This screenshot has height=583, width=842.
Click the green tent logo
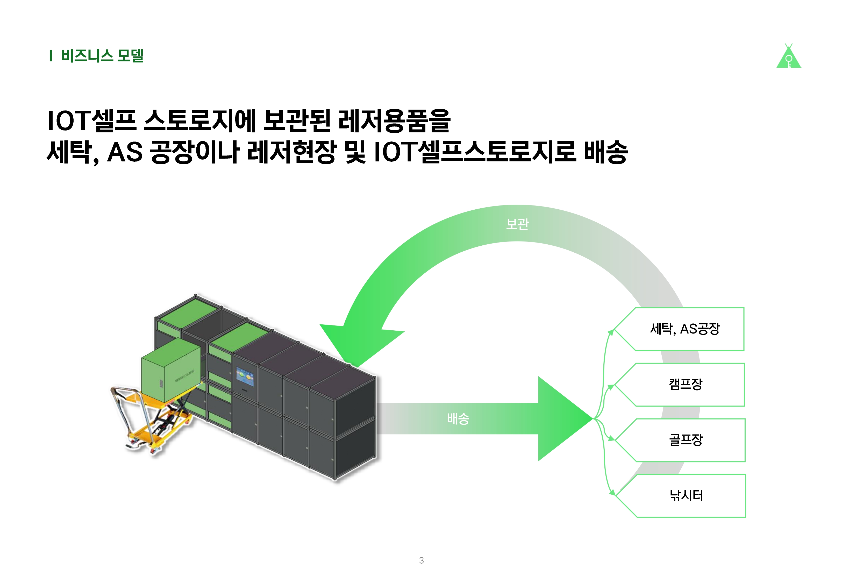tap(788, 57)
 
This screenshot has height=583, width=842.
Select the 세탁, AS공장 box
tap(679, 329)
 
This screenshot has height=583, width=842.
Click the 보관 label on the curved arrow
tap(517, 224)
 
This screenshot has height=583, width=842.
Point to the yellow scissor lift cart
tap(153, 420)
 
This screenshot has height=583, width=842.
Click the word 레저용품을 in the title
tap(394, 121)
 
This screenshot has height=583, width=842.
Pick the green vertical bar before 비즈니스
tap(51, 56)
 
